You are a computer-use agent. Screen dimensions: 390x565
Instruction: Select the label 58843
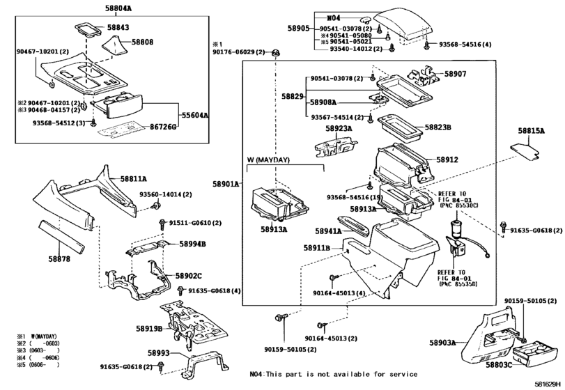(x=118, y=27)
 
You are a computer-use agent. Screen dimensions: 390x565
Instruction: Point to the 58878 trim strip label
(x=59, y=258)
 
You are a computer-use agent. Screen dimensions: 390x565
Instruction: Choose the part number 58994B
(x=192, y=244)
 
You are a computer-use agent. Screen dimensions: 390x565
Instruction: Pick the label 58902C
(x=188, y=276)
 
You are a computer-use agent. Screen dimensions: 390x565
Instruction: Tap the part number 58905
(x=298, y=29)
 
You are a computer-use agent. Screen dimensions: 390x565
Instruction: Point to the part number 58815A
(x=531, y=130)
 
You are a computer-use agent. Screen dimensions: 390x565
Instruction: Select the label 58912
(x=447, y=159)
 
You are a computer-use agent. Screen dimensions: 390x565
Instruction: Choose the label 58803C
(x=499, y=364)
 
